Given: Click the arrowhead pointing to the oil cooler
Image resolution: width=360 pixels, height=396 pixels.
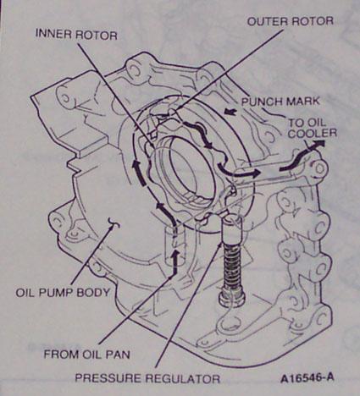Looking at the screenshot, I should [320, 145].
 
